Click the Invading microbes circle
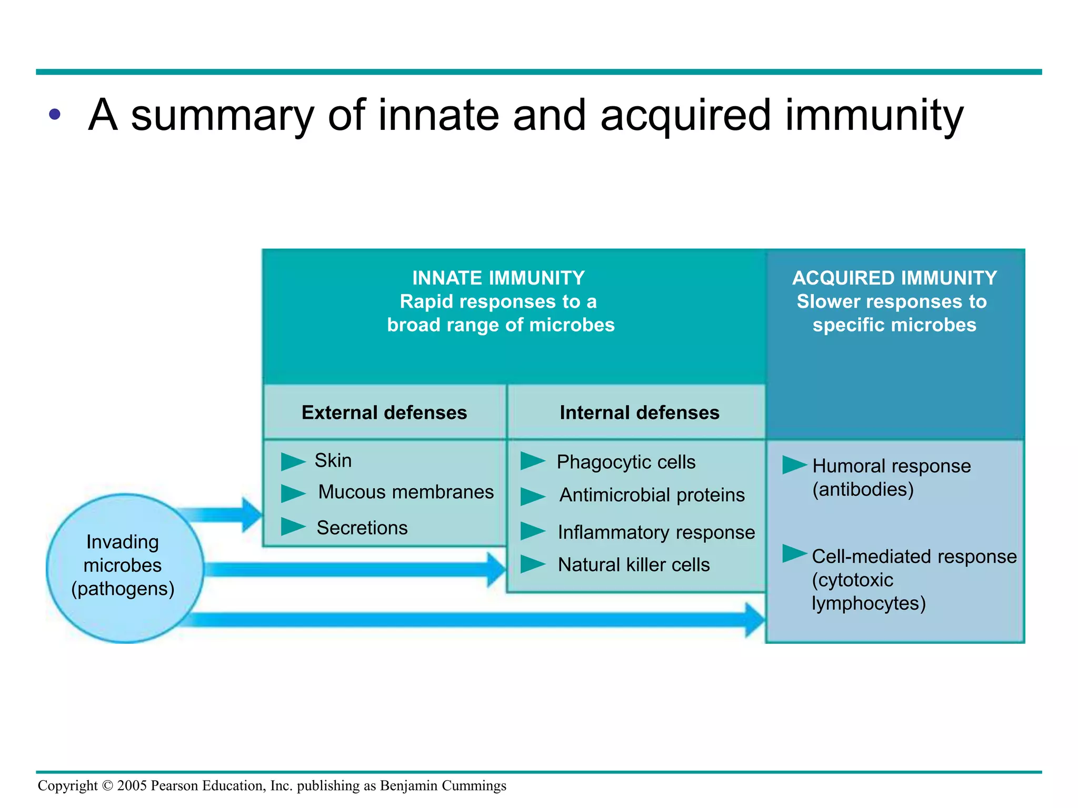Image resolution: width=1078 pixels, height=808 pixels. [x=125, y=568]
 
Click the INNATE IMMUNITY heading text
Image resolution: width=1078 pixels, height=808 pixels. [x=498, y=278]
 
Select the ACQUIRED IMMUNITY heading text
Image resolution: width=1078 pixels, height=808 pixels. [x=894, y=278]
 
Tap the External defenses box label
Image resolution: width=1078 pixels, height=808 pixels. [x=384, y=412]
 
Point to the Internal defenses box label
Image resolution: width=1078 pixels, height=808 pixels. [x=639, y=412]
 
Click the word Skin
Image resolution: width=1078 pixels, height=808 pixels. [x=333, y=460]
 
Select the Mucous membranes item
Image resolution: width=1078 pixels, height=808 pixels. [x=406, y=492]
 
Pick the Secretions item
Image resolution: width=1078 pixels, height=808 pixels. [x=362, y=528]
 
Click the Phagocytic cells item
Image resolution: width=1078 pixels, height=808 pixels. [x=626, y=462]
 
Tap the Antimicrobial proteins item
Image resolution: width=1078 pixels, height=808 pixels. [x=652, y=495]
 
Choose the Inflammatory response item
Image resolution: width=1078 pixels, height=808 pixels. [x=656, y=532]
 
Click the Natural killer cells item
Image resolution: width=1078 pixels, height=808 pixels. [x=634, y=564]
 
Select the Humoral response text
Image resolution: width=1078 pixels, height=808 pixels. [x=891, y=466]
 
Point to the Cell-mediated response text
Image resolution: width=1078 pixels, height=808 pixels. [x=914, y=557]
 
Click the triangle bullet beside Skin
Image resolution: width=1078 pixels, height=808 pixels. [x=292, y=461]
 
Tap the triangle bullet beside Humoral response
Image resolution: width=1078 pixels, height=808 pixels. [x=793, y=465]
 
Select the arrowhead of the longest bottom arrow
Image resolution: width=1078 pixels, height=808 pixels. [x=755, y=620]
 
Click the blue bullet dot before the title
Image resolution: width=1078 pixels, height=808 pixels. [x=55, y=114]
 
